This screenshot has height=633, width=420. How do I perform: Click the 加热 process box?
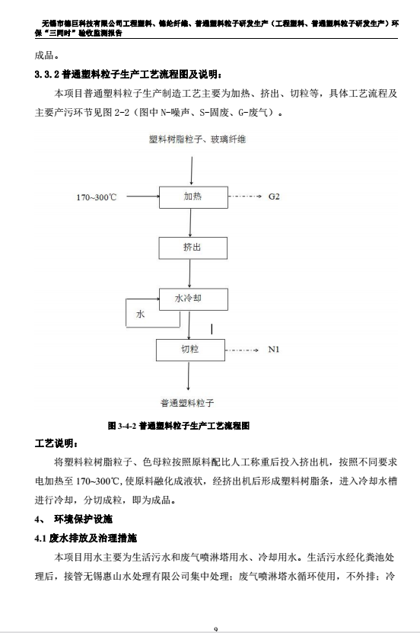pyautogui.click(x=193, y=197)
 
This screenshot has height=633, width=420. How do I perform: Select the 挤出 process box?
pyautogui.click(x=193, y=248)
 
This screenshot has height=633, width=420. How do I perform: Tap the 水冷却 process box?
pyautogui.click(x=193, y=299)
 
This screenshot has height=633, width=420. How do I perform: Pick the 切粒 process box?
pyautogui.click(x=191, y=350)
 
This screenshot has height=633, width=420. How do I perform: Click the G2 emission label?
pyautogui.click(x=274, y=197)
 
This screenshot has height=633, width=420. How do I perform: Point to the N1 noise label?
pyautogui.click(x=274, y=350)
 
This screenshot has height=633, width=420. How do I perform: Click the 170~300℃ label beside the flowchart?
pyautogui.click(x=97, y=197)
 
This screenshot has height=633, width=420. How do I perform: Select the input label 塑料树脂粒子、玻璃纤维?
pyautogui.click(x=198, y=139)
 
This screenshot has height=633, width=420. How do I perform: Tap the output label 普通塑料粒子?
pyautogui.click(x=187, y=402)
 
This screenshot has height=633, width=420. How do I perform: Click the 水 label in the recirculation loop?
pyautogui.click(x=140, y=314)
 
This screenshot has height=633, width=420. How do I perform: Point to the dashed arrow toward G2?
pyautogui.click(x=245, y=197)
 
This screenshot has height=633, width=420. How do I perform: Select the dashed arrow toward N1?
pyautogui.click(x=242, y=350)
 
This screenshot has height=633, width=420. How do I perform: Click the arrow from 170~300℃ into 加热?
pyautogui.click(x=143, y=197)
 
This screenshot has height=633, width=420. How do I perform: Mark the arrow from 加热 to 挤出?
pyautogui.click(x=191, y=223)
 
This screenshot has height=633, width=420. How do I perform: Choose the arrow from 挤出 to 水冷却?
pyautogui.click(x=190, y=273)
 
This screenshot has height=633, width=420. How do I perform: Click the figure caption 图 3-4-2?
pyautogui.click(x=179, y=426)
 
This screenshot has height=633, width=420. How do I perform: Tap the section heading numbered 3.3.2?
pyautogui.click(x=128, y=75)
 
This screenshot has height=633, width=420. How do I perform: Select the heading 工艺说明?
pyautogui.click(x=56, y=443)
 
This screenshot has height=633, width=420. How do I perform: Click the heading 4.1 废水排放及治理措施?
pyautogui.click(x=86, y=538)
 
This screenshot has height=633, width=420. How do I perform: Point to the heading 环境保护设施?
pyautogui.click(x=83, y=520)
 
